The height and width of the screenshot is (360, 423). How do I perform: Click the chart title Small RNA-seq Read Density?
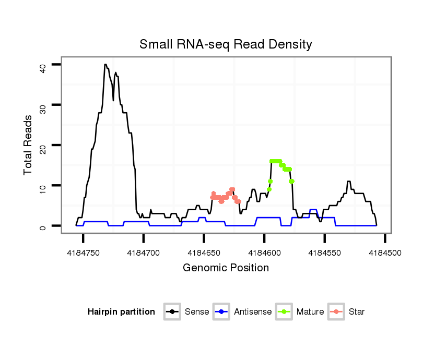pyautogui.click(x=226, y=44)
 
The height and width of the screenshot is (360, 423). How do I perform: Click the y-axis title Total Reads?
pyautogui.click(x=28, y=145)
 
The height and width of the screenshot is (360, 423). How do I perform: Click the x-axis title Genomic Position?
pyautogui.click(x=226, y=268)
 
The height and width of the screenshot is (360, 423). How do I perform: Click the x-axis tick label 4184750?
pyautogui.click(x=84, y=253)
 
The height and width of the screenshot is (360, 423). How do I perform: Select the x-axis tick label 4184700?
pyautogui.click(x=144, y=253)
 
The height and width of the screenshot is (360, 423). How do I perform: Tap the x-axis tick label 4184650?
pyautogui.click(x=204, y=253)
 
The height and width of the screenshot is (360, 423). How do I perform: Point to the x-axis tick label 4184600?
pyautogui.click(x=264, y=253)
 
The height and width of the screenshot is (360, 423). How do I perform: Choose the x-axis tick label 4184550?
pyautogui.click(x=325, y=253)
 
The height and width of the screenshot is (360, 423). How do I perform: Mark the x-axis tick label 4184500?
pyautogui.click(x=385, y=253)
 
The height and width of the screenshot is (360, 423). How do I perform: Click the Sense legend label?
pyautogui.click(x=197, y=312)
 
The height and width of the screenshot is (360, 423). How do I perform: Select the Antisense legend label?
pyautogui.click(x=253, y=312)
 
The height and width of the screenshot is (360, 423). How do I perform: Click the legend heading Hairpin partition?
pyautogui.click(x=121, y=312)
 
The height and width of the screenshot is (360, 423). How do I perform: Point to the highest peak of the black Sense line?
pyautogui.click(x=105, y=65)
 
